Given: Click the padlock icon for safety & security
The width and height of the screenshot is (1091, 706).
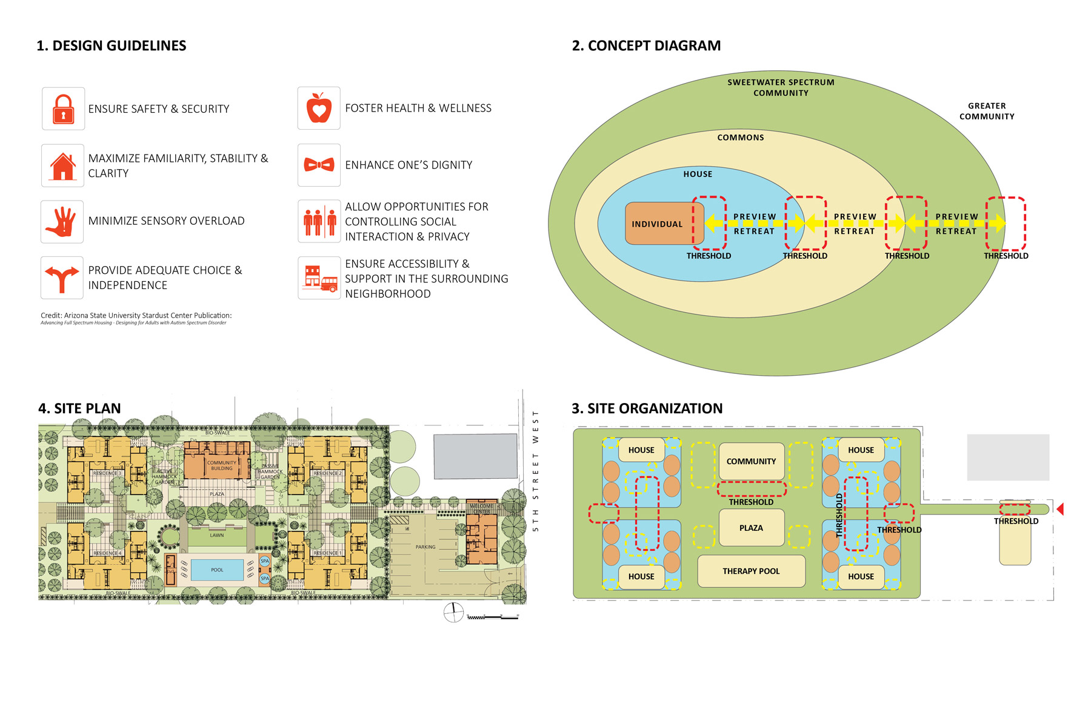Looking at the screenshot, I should click(x=63, y=109).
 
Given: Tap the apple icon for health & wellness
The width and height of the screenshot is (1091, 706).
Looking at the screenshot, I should click(x=319, y=108).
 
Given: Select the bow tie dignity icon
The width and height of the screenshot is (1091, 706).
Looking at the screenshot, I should click(x=319, y=165).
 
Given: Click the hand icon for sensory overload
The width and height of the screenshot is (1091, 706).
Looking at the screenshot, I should click(x=62, y=222).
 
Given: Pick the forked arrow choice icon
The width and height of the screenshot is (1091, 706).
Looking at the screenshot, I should click(x=62, y=278).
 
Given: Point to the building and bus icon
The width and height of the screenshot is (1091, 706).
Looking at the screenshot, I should click(x=319, y=278).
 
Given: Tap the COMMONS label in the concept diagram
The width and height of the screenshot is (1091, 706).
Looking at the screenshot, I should click(x=740, y=138).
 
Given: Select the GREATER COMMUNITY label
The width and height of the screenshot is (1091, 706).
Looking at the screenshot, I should click(x=986, y=111).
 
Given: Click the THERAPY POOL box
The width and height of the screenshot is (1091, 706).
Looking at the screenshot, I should click(x=751, y=571).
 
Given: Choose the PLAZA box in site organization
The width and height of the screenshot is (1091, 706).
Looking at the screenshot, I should click(x=751, y=528).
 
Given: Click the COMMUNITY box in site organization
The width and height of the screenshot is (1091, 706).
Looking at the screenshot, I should click(x=751, y=461).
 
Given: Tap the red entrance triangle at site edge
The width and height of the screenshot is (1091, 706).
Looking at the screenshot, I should click(x=1060, y=509).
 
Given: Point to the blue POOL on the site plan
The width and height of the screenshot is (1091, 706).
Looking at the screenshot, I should click(x=217, y=570).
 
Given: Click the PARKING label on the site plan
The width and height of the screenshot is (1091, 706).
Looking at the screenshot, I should click(x=425, y=547).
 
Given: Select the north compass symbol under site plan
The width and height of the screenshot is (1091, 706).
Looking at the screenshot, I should click(x=453, y=613).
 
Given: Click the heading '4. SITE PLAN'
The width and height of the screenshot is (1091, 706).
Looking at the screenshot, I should click(x=79, y=408).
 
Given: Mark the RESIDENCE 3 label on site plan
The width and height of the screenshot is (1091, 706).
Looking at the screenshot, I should click(x=107, y=473).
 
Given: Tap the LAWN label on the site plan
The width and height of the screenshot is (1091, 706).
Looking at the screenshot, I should click(x=217, y=535).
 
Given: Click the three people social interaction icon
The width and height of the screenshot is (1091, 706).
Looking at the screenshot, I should click(x=319, y=222).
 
